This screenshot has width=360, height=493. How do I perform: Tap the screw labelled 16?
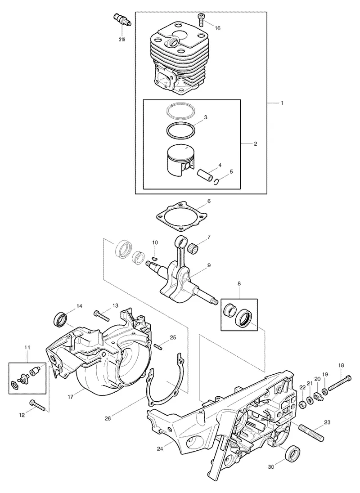tap(200, 19)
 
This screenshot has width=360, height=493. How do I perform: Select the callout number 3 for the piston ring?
tap(206, 117)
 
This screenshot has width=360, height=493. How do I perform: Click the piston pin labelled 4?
tap(203, 174)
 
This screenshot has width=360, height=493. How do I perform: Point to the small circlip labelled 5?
tap(216, 181)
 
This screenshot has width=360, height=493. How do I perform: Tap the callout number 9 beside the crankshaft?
tap(209, 266)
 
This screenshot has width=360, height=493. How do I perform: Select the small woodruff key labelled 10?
tap(154, 258)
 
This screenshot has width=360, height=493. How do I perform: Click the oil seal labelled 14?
tap(60, 320)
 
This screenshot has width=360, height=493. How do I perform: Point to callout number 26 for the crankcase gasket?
tap(108, 418)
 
